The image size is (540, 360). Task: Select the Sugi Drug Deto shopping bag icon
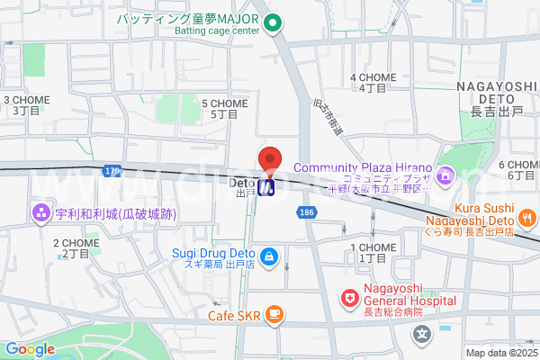[x=268, y=254]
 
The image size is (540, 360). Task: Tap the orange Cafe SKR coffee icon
[x=274, y=314]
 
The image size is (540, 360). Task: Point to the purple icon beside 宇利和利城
[x=40, y=214]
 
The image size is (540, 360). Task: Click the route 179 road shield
[x=112, y=170]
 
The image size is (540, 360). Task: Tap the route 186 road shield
[x=307, y=210]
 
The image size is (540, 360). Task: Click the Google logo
[x=30, y=349]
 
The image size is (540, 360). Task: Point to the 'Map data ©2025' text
[x=501, y=352]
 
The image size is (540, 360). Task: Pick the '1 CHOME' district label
[x=372, y=247]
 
